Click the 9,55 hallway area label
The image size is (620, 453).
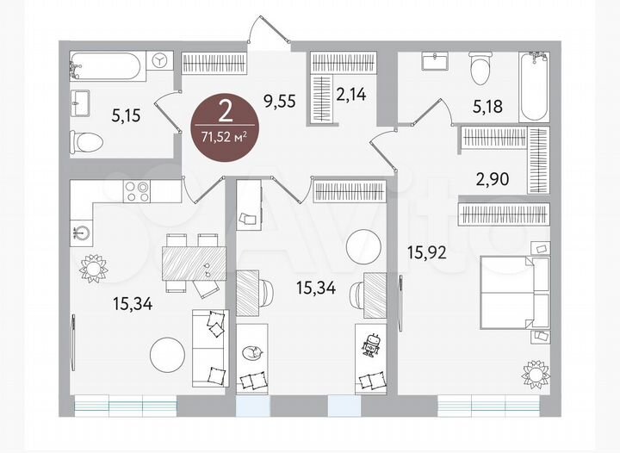pyautogui.click(x=280, y=100)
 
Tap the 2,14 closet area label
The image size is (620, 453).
pyautogui.click(x=351, y=96)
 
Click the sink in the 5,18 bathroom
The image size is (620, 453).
pyautogui.click(x=432, y=61)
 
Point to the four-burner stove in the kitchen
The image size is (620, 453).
pyautogui.click(x=136, y=190)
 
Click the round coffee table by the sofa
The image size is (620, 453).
pyautogui.click(x=167, y=352)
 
